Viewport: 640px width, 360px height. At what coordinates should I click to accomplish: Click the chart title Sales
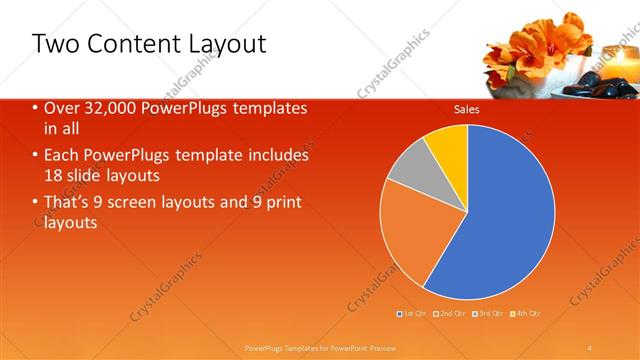pyautogui.click(x=467, y=110)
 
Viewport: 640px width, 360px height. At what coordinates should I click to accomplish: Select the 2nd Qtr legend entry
pyautogui.click(x=450, y=314)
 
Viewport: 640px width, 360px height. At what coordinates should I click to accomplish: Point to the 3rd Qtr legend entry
pyautogui.click(x=487, y=314)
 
